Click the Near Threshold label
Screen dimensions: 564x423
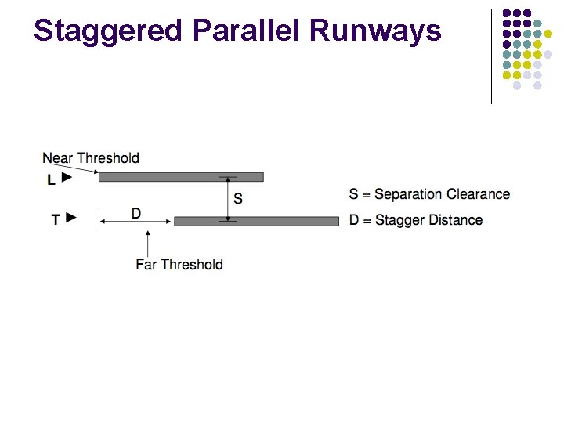[x=91, y=158]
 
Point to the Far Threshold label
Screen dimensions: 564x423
[x=179, y=265]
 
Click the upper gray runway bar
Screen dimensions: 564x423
[x=181, y=177]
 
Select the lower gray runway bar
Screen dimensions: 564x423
[x=256, y=222]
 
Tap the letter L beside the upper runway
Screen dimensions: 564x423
[x=51, y=179]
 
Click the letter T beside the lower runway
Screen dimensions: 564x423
[x=56, y=219]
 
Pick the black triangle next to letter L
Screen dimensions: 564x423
[x=67, y=178]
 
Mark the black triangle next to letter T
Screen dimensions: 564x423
[x=72, y=218]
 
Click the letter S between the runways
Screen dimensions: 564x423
[x=238, y=199]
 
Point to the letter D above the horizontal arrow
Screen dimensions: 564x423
[x=136, y=213]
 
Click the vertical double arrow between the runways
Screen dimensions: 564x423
[x=228, y=199]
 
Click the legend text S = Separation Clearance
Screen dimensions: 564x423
[x=429, y=194]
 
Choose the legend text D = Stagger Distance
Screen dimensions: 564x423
[x=416, y=220]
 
